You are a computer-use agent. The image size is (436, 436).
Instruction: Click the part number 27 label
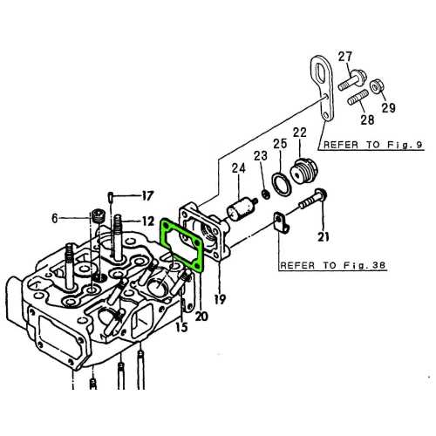click(x=344, y=58)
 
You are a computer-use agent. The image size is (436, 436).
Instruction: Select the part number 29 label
click(x=388, y=108)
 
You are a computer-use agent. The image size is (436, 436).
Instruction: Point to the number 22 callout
click(x=300, y=133)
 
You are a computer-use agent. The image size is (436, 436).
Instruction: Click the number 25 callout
click(x=279, y=143)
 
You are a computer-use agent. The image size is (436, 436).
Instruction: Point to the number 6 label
click(x=55, y=219)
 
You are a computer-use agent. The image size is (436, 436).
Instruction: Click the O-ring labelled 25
click(x=281, y=182)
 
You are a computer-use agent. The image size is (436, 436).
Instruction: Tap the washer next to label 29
click(x=378, y=87)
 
